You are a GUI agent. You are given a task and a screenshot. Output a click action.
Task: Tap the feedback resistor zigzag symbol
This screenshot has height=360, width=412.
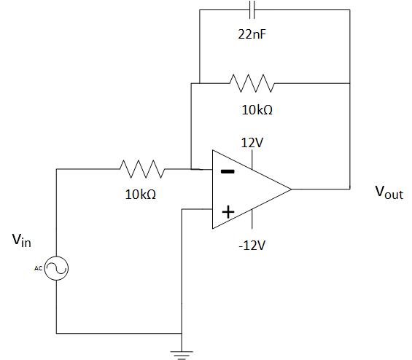[x=252, y=83]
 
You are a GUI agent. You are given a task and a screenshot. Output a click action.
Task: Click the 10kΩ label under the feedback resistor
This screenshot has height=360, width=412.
[x=257, y=111]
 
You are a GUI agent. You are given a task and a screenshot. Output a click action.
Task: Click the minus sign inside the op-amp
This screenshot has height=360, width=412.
[x=228, y=172]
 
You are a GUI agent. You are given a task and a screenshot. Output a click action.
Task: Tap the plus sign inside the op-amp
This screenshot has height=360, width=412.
[x=228, y=211]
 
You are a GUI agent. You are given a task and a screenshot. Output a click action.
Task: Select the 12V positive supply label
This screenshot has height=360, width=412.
[x=252, y=143]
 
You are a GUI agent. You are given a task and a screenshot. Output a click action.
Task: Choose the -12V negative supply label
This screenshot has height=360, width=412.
[x=252, y=245]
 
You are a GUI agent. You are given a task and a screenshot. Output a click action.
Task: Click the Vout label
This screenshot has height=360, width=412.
[x=389, y=192]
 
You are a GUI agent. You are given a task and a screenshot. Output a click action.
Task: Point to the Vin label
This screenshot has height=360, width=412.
[x=21, y=240]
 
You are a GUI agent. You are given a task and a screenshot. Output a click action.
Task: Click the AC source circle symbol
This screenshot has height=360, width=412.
[x=57, y=268]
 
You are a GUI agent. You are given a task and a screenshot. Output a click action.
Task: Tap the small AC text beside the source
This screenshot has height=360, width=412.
[x=39, y=268]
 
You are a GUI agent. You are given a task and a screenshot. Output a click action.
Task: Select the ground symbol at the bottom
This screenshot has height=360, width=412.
[x=179, y=353]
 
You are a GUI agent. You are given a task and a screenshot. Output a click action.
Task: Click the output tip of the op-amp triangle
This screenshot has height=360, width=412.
[x=291, y=189]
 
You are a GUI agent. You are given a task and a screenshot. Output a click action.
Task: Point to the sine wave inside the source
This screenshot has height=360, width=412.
[x=57, y=268]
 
